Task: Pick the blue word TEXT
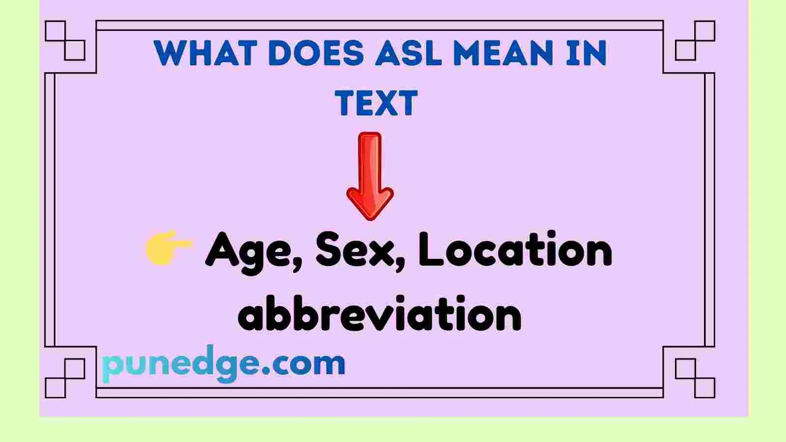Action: [x=376, y=103]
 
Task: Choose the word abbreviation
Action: [x=379, y=314]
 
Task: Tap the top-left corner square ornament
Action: [x=65, y=40]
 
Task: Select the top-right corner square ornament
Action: [x=695, y=40]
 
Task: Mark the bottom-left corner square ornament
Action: [x=65, y=378]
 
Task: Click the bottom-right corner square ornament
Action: [x=695, y=378]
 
